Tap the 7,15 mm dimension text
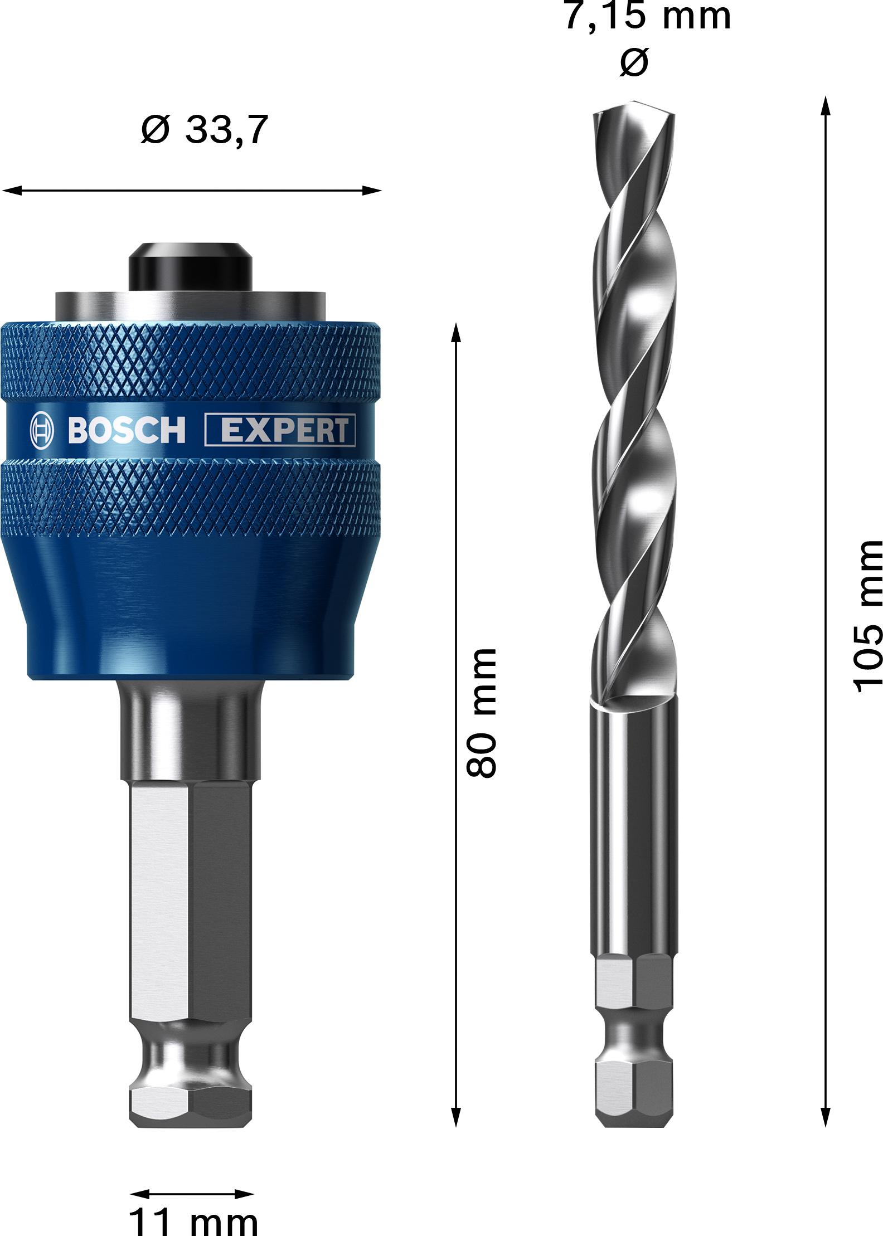(647, 16)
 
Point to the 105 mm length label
(869, 616)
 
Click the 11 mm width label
(193, 1219)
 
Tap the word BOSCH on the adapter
(127, 431)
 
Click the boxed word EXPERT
(280, 431)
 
